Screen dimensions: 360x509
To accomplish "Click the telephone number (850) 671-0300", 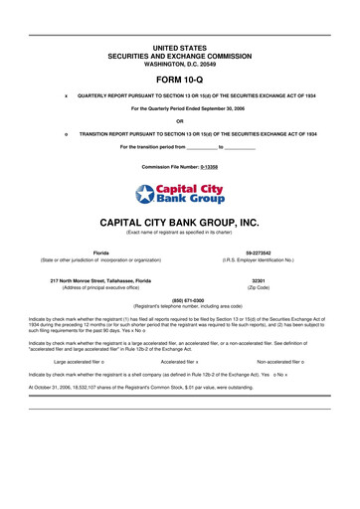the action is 179,299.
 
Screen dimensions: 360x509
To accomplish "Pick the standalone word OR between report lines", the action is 179,120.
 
